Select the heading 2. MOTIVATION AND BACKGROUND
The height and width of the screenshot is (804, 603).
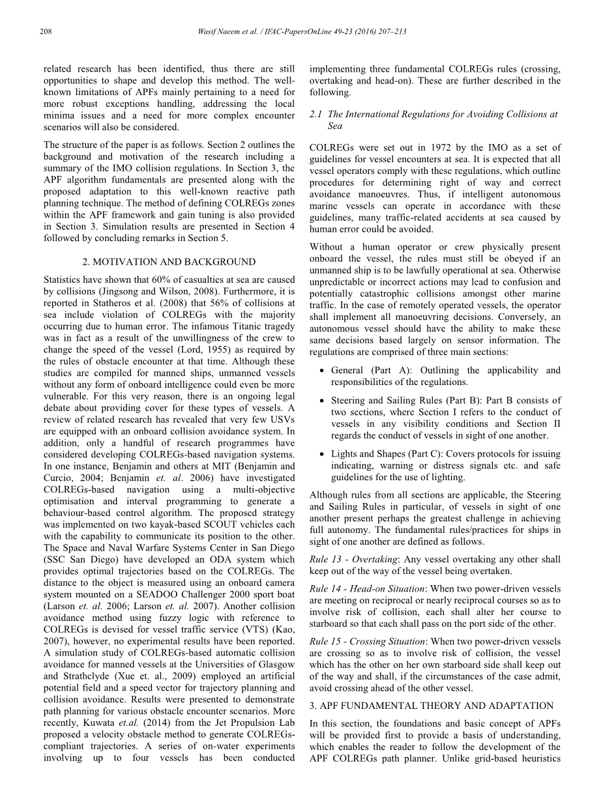(169, 262)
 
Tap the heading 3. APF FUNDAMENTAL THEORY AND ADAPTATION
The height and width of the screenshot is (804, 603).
(432, 706)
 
